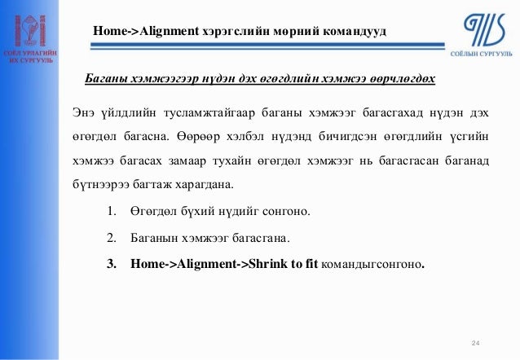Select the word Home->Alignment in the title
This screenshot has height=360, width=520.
(x=146, y=32)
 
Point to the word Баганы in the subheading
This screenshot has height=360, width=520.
(x=105, y=80)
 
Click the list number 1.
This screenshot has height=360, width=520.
(x=112, y=213)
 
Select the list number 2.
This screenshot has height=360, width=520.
(x=112, y=239)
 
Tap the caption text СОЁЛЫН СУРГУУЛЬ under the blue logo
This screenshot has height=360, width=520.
(x=481, y=52)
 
